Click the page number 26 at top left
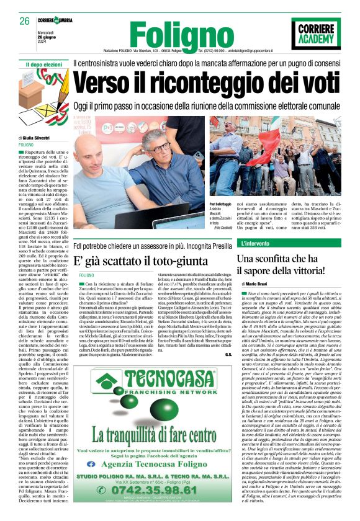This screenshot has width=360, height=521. (x=24, y=21)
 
